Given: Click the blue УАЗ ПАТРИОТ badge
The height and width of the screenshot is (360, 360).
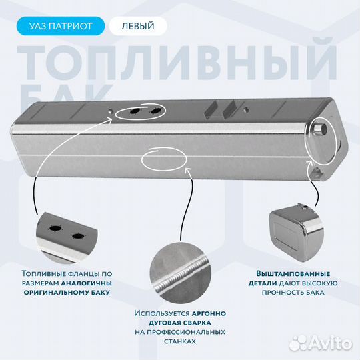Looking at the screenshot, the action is click(x=61, y=26).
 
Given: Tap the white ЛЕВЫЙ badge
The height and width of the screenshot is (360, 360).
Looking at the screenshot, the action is click(x=138, y=26).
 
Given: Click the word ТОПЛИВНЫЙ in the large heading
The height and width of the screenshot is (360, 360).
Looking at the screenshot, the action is click(x=177, y=63).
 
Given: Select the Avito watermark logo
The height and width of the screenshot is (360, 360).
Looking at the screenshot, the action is click(x=321, y=344).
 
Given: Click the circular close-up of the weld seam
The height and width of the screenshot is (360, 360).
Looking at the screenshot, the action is click(x=181, y=273).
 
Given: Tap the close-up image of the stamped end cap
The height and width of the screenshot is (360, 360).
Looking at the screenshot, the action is click(x=296, y=233).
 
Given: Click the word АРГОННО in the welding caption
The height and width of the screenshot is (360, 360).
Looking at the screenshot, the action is click(x=209, y=313).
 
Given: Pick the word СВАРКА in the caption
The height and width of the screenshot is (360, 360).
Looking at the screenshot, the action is click(x=196, y=323).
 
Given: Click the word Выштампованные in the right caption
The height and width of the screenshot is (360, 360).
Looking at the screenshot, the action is click(x=293, y=274).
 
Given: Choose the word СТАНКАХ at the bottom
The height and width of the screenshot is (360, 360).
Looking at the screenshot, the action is click(x=180, y=341).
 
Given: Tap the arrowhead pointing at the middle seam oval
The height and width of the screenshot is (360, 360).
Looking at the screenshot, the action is click(x=187, y=170).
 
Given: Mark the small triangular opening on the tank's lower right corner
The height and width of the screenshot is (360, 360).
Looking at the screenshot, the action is click(x=317, y=173).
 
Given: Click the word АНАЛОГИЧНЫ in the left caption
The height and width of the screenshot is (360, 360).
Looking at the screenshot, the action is click(x=86, y=283).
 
